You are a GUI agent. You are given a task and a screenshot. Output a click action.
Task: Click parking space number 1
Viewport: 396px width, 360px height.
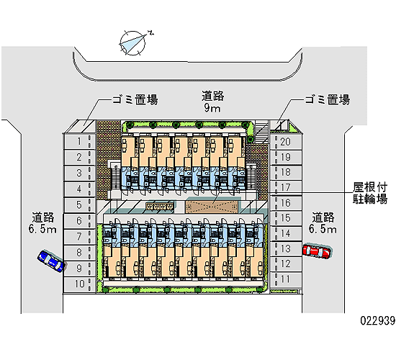tap(79, 141)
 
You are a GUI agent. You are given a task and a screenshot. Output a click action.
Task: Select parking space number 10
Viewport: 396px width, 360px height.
tap(79, 284)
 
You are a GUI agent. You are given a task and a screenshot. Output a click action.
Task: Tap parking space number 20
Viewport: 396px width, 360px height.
tap(286, 142)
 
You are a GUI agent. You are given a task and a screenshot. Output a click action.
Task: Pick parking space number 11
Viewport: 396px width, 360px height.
tap(286, 279)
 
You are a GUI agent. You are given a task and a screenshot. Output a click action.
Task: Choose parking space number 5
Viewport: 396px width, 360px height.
tap(79, 204)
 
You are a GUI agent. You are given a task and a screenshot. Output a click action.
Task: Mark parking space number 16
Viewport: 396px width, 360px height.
tap(286, 203)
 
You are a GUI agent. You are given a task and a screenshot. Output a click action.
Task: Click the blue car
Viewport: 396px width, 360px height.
tap(52, 261)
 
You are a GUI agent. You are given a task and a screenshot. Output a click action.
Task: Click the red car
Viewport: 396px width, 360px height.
tap(317, 251)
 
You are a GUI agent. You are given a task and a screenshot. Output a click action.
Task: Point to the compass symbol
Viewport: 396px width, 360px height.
tap(133, 42)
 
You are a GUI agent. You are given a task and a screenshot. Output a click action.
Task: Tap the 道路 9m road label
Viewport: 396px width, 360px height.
tap(212, 102)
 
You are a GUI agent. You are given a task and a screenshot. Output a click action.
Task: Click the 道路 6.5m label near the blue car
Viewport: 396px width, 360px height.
tap(42, 222)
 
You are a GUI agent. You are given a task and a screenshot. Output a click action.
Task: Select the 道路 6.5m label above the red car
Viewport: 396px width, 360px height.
tap(323, 222)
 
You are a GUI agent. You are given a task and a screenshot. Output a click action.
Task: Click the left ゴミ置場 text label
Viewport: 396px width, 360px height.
tap(135, 99)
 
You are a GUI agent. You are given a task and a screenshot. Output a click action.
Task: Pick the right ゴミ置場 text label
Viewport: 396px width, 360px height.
tap(328, 99)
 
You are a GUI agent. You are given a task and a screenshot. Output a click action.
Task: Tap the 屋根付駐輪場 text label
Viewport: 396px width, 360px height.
tap(370, 193)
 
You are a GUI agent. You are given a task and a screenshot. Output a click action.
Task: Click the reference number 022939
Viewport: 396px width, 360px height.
tap(378, 320)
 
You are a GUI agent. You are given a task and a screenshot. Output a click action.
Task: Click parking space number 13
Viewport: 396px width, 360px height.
tap(286, 249)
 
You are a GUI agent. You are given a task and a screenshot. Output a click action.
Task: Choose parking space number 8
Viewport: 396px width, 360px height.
tap(79, 253)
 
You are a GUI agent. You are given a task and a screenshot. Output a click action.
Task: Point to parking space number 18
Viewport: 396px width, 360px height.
tap(286, 172)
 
